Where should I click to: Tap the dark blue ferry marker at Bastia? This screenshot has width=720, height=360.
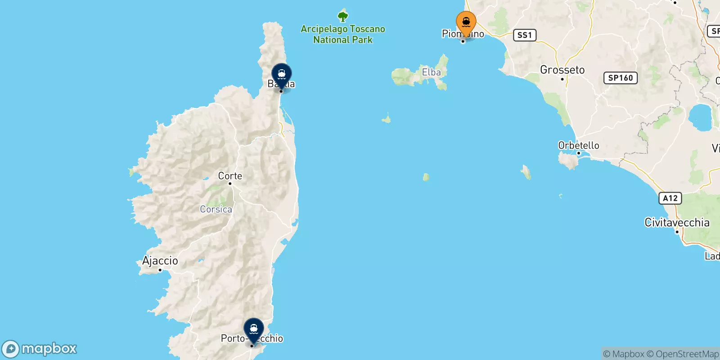pos(282,75)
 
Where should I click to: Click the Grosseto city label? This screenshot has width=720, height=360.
pos(562,70)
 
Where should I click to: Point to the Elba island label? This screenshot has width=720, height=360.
pos(431,72)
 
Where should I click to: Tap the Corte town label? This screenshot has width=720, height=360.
pos(230,176)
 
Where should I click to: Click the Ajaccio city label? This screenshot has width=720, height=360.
pos(160,261)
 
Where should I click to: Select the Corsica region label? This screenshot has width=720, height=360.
pos(216,209)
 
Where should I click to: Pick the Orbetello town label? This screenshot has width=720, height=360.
pos(578,145)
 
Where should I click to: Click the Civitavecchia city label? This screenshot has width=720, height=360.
pos(677,222)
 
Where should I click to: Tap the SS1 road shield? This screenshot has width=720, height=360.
pos(525,35)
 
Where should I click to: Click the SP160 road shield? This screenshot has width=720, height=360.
pos(620,78)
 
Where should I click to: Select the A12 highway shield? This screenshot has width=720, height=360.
pos(670,198)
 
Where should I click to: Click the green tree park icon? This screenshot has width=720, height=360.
pos(343,17)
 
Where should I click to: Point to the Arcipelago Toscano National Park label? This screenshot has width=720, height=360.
pos(343,34)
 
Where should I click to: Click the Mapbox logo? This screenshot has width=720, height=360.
pos(40,349)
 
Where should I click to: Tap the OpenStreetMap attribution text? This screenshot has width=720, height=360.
pos(687,354)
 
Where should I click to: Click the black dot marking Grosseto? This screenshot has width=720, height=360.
pos(562,79)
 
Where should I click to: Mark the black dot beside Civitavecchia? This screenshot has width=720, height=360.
pos(677,232)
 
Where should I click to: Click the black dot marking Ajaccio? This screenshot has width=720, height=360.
pos(160,270)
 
